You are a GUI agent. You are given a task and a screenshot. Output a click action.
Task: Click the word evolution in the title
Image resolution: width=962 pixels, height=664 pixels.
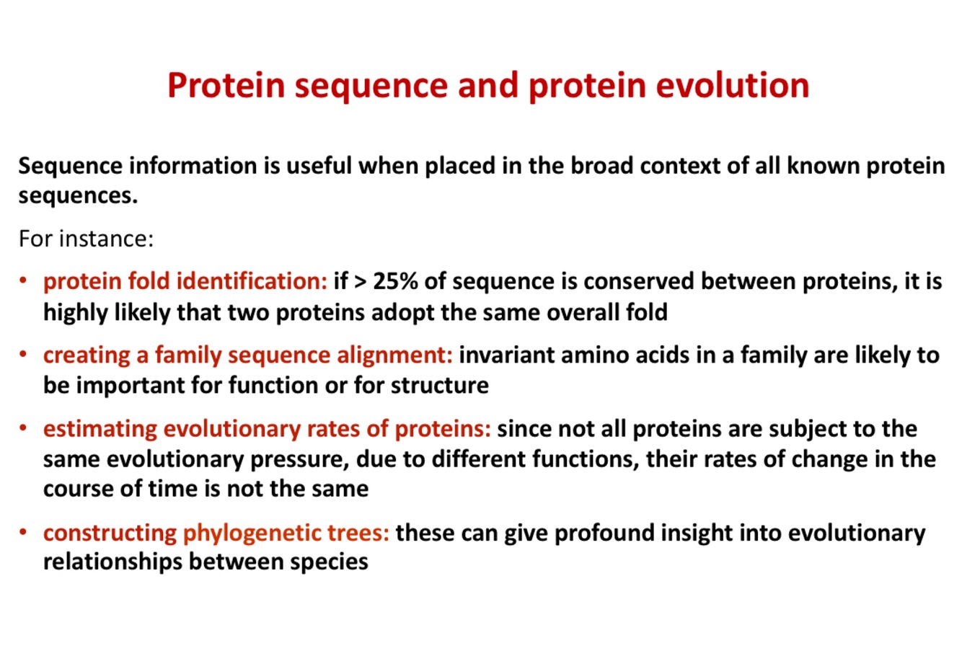pos(732,85)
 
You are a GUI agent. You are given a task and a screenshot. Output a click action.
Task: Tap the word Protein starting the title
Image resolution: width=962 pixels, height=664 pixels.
pos(226,85)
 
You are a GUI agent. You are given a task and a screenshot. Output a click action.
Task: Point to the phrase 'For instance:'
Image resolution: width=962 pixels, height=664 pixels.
pos(86,239)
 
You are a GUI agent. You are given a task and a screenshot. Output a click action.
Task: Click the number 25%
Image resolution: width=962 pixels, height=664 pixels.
pos(394,282)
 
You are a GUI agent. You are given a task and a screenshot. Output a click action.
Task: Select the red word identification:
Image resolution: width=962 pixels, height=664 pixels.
pos(252,282)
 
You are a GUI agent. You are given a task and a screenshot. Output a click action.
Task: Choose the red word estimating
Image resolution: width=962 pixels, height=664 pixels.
pos(100,429)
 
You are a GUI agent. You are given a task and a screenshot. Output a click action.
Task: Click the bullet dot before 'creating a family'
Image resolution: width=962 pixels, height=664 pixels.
pos(23,355)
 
